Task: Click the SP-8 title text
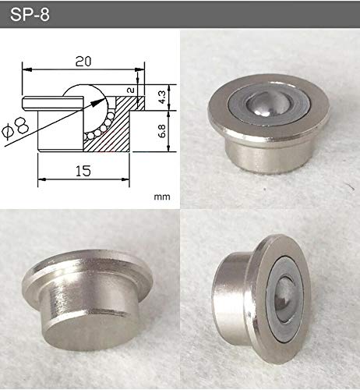click(30, 15)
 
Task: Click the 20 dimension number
click(83, 62)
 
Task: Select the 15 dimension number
click(83, 171)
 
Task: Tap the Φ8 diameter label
click(16, 128)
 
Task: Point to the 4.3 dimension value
click(161, 97)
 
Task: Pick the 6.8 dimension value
click(161, 131)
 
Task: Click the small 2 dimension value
click(131, 90)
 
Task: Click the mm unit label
click(162, 197)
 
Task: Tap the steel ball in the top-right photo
click(268, 105)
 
